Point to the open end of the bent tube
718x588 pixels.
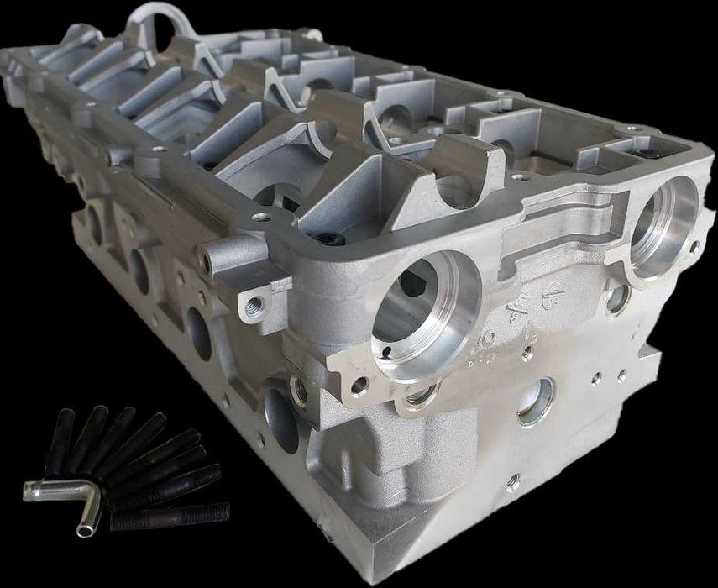point(86,530)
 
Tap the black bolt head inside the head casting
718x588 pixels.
point(332,239)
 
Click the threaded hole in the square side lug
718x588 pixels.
point(253,304)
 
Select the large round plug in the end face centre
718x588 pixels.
point(536,400)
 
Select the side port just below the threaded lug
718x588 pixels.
point(199,332)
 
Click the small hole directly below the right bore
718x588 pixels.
point(616,298)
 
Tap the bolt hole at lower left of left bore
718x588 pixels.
point(360,386)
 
